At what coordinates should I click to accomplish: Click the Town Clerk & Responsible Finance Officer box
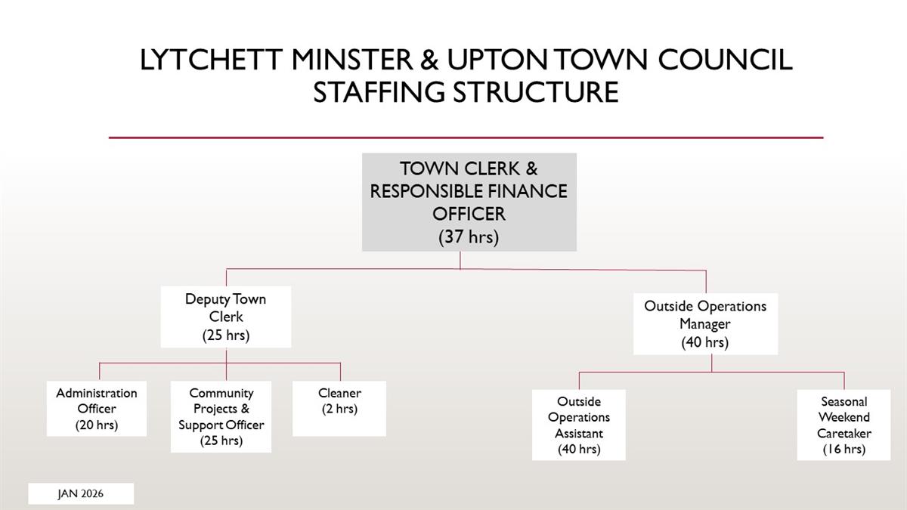click(x=469, y=202)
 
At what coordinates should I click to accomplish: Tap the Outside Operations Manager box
click(x=704, y=324)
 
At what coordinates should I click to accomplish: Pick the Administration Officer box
click(x=97, y=409)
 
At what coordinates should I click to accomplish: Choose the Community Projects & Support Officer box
click(x=221, y=416)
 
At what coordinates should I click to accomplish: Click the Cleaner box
click(x=339, y=408)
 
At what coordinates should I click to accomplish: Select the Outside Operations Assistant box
click(x=579, y=425)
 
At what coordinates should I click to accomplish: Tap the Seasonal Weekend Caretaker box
click(x=844, y=425)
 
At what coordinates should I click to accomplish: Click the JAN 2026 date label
click(x=81, y=493)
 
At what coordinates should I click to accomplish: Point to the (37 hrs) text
click(x=469, y=236)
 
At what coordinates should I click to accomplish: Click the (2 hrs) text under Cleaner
click(x=339, y=409)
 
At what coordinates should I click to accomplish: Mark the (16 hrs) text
click(x=844, y=449)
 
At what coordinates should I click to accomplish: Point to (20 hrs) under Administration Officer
click(x=97, y=425)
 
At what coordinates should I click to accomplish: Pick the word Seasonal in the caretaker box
click(x=844, y=401)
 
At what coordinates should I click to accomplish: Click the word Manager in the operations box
click(x=704, y=324)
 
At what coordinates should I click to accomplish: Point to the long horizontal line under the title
click(x=466, y=138)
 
